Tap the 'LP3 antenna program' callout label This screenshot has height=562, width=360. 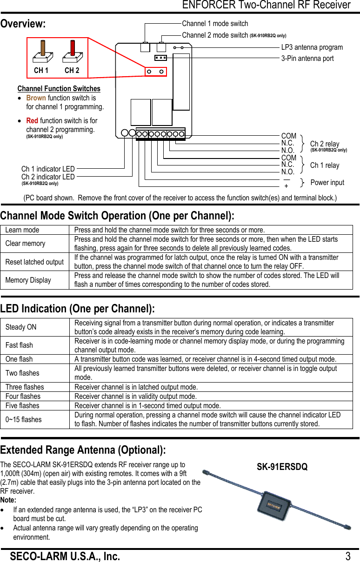click(x=312, y=47)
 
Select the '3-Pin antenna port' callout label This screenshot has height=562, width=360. click(x=307, y=59)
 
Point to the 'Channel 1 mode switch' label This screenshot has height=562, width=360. click(x=215, y=24)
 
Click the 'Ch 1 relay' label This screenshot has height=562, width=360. click(x=325, y=165)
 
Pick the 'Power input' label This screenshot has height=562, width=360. click(x=327, y=183)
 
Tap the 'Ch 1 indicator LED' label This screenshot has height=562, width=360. click(x=48, y=169)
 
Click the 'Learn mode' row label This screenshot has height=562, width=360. click(x=22, y=230)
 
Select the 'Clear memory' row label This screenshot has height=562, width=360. click(x=25, y=244)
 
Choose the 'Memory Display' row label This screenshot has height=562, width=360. click(x=28, y=280)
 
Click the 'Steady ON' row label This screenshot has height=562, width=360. click(x=21, y=327)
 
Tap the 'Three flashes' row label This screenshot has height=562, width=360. click(x=25, y=387)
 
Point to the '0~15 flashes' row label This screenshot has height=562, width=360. click(x=23, y=419)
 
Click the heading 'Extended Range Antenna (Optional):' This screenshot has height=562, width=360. click(x=83, y=450)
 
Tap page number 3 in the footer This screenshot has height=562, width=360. click(x=348, y=556)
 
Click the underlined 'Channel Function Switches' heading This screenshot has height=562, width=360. click(x=59, y=89)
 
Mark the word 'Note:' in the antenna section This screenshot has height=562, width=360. click(x=8, y=500)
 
